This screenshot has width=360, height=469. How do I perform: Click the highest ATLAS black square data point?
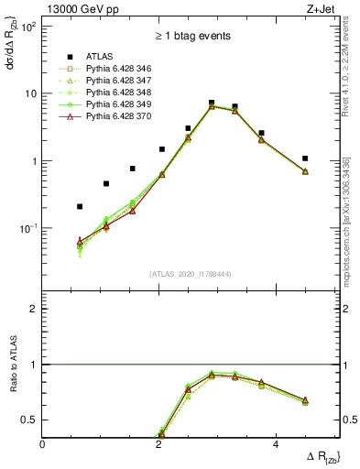tap(212, 103)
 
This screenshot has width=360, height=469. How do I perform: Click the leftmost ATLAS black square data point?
tap(80, 207)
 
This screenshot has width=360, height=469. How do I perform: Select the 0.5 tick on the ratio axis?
tap(31, 420)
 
